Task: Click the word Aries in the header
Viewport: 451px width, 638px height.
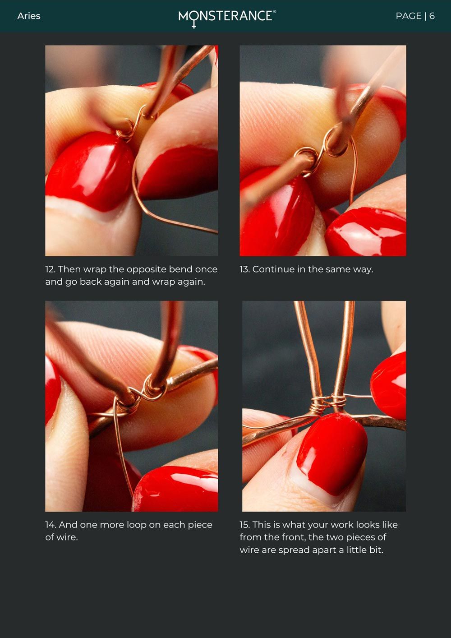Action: pos(29,16)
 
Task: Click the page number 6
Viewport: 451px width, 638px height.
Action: pos(432,16)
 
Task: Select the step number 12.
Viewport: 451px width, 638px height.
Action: pos(50,269)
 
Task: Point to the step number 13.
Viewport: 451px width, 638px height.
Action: pos(244,269)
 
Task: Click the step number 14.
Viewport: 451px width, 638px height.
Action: pos(51,525)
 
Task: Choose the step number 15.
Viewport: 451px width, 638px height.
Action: pos(244,525)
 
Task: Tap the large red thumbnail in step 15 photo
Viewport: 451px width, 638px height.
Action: pos(331,453)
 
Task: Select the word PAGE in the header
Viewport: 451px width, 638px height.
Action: pos(409,16)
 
